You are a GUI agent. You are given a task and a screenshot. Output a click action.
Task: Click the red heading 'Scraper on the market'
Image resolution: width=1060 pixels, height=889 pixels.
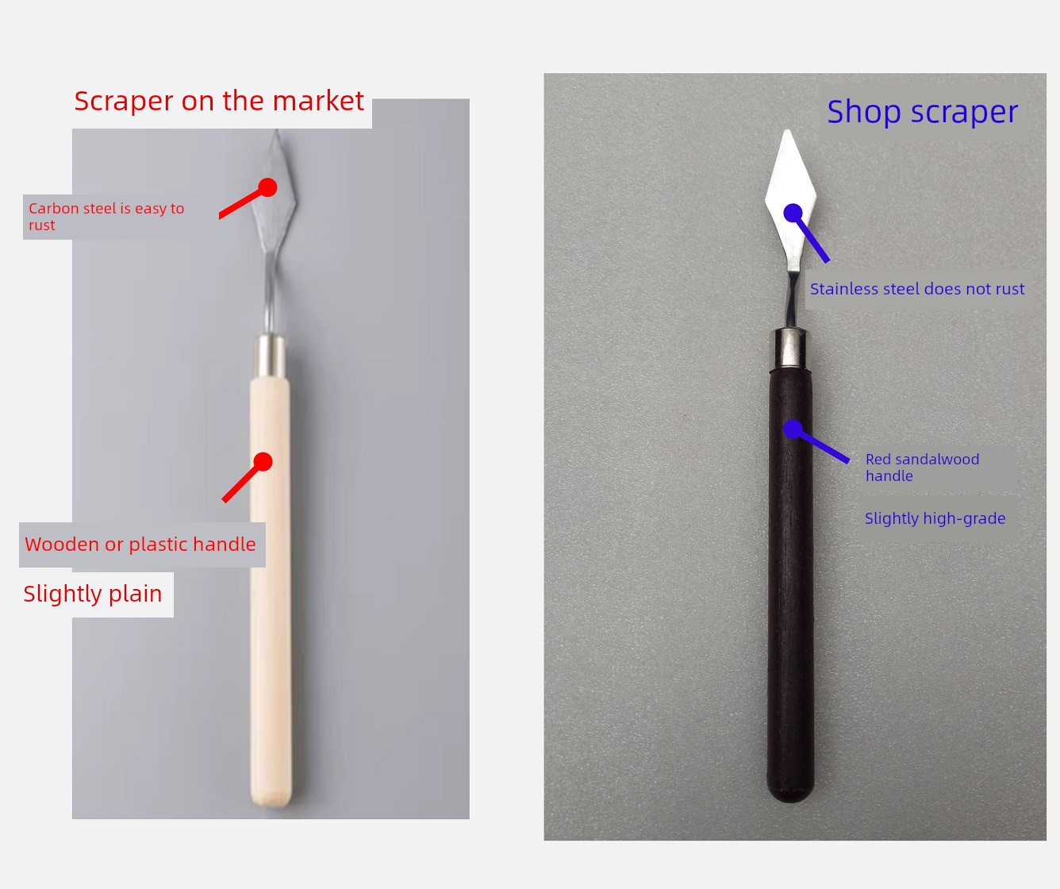(x=219, y=101)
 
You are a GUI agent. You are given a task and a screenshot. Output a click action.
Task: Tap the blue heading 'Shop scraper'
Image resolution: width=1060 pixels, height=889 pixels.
(x=923, y=112)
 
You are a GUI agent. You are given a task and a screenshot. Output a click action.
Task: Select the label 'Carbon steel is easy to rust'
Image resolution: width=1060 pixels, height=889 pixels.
(x=106, y=217)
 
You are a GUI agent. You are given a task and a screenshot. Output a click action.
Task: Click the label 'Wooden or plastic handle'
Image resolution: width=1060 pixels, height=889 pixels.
(x=140, y=544)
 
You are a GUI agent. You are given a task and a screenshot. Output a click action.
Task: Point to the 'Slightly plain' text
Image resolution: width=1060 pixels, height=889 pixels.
(x=92, y=594)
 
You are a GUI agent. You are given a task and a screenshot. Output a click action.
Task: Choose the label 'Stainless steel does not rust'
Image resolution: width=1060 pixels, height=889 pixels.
(x=917, y=289)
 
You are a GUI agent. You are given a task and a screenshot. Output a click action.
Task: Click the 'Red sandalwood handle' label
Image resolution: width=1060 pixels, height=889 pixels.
(x=922, y=468)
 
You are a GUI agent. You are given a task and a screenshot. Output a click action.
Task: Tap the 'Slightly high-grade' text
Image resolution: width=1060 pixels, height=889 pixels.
(x=935, y=518)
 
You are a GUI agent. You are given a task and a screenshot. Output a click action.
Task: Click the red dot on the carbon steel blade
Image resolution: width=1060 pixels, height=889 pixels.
(x=267, y=187)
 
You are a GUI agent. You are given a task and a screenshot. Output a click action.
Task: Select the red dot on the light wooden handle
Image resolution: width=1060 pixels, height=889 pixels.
(x=263, y=462)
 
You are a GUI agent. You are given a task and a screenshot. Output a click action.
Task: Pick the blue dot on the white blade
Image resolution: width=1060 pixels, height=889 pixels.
(x=793, y=213)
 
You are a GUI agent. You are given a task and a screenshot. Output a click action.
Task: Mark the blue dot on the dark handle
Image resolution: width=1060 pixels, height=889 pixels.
(x=793, y=429)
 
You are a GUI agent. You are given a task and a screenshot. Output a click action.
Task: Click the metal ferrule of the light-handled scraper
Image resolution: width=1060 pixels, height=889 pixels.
(x=271, y=356)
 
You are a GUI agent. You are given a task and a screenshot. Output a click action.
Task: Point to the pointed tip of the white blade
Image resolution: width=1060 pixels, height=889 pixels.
(x=787, y=130)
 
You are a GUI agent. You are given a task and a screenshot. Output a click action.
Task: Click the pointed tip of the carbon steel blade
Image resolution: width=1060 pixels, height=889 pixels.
(x=277, y=130)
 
